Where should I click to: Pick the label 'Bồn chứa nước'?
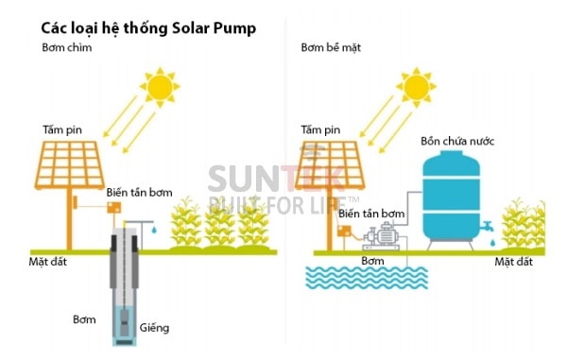[457, 142]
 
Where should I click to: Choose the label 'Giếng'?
[156, 328]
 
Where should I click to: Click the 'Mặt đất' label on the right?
[515, 261]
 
